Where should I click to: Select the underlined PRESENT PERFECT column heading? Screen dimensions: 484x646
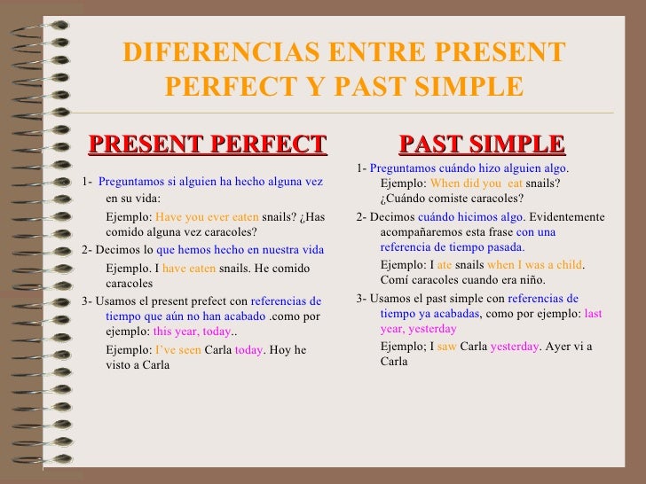[x=208, y=144]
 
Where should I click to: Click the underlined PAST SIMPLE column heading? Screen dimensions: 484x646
[x=482, y=144]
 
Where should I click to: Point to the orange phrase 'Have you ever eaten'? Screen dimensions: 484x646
[x=207, y=216]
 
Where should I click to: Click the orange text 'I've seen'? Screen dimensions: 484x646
[x=177, y=349]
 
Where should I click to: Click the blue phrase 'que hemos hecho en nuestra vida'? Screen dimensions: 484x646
[x=240, y=250]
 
